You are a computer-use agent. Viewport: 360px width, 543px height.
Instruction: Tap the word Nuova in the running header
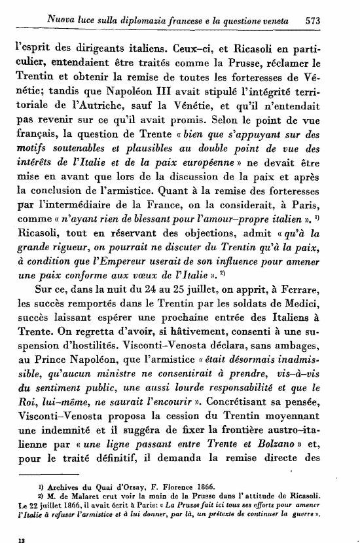pyautogui.click(x=61, y=20)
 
